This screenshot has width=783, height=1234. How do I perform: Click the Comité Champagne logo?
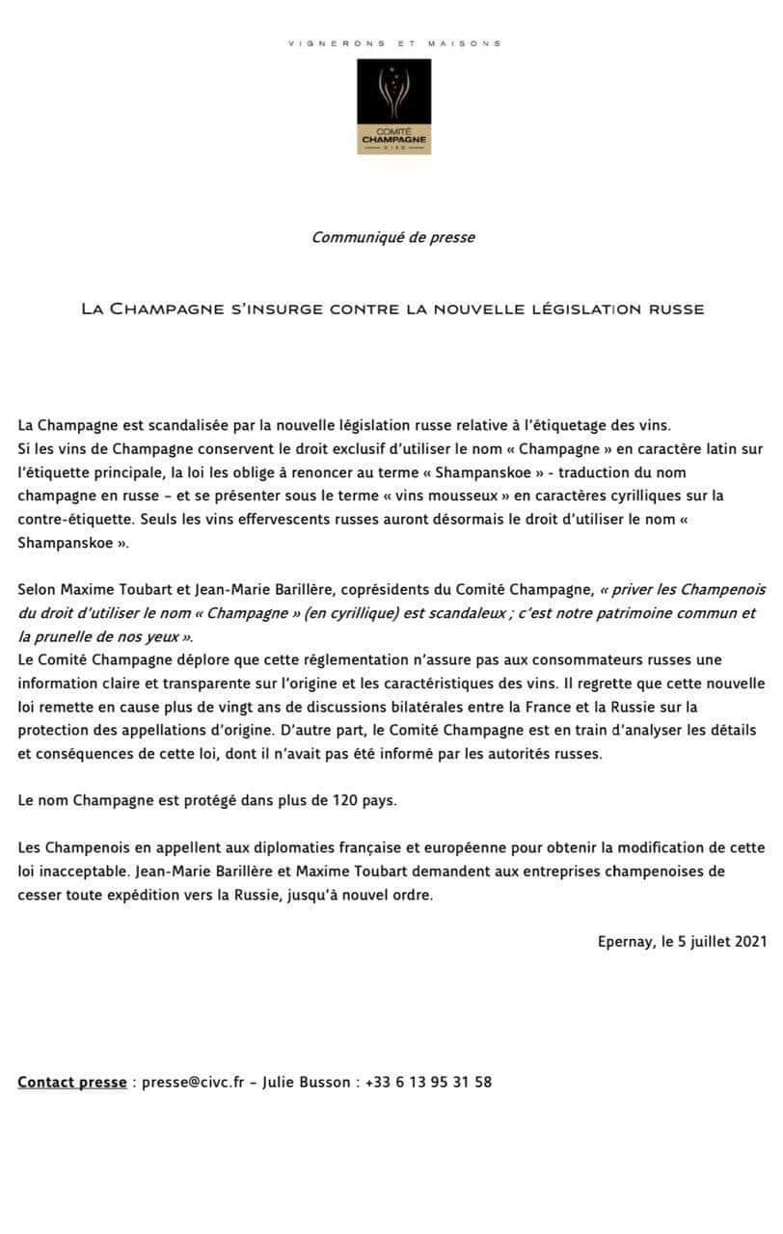[394, 106]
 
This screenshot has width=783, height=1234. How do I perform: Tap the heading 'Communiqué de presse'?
[392, 237]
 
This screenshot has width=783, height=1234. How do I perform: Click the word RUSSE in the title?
[675, 309]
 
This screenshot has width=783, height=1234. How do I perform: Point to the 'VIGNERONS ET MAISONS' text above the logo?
[394, 43]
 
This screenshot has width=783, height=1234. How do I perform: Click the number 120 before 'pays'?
[345, 800]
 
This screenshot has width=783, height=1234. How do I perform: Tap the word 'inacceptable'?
[83, 871]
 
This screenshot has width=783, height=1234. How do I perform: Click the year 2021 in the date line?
[748, 941]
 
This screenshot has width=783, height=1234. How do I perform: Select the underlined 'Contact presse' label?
[71, 1082]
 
